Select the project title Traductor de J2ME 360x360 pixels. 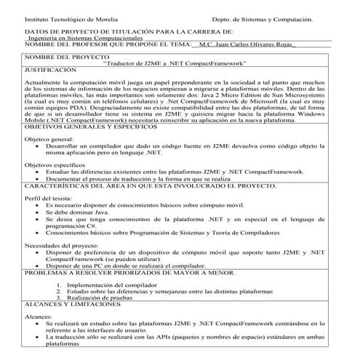coord(175,64)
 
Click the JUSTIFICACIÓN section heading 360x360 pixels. coord(50,71)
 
